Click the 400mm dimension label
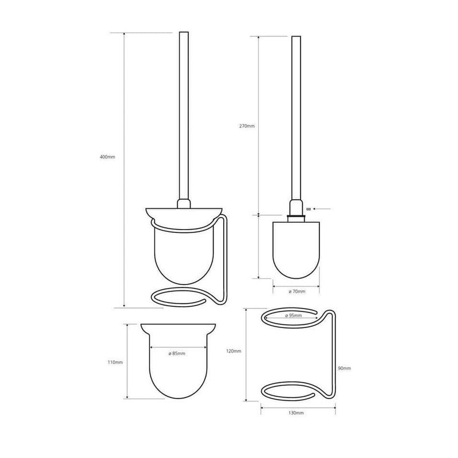click(108, 157)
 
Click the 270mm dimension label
click(247, 126)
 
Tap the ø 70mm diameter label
click(297, 291)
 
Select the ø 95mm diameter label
click(293, 316)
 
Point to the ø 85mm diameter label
click(177, 353)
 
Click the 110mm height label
click(116, 362)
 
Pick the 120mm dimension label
click(234, 351)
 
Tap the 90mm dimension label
click(345, 368)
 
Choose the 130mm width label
click(296, 413)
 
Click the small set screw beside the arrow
click(308, 209)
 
